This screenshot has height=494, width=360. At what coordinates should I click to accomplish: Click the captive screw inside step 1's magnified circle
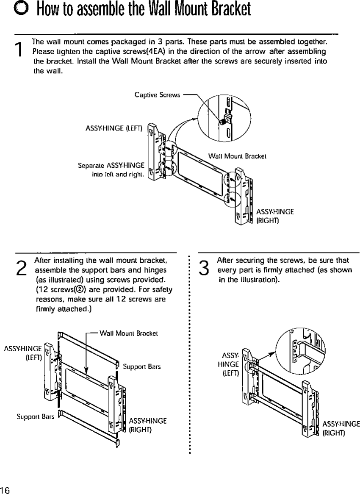pyautogui.click(x=222, y=121)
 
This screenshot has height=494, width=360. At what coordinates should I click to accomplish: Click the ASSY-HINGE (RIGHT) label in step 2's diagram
pyautogui.click(x=147, y=425)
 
